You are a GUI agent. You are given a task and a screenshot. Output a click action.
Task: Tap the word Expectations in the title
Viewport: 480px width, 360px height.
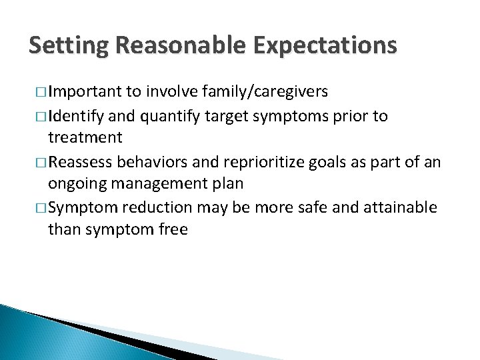[326, 46]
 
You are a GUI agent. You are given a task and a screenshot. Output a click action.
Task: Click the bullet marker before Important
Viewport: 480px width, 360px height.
[38, 92]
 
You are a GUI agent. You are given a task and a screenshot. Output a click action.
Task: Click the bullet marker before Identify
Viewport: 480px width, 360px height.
[38, 116]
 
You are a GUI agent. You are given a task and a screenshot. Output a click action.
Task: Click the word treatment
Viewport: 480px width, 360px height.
[85, 138]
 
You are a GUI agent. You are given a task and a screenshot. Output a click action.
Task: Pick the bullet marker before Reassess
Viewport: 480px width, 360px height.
[38, 162]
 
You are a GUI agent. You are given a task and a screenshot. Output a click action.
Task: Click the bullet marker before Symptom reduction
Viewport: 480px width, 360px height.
[38, 207]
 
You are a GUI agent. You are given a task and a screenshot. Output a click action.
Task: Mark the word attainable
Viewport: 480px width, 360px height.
[403, 207]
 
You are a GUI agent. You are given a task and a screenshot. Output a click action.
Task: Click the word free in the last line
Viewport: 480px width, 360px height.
[174, 230]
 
